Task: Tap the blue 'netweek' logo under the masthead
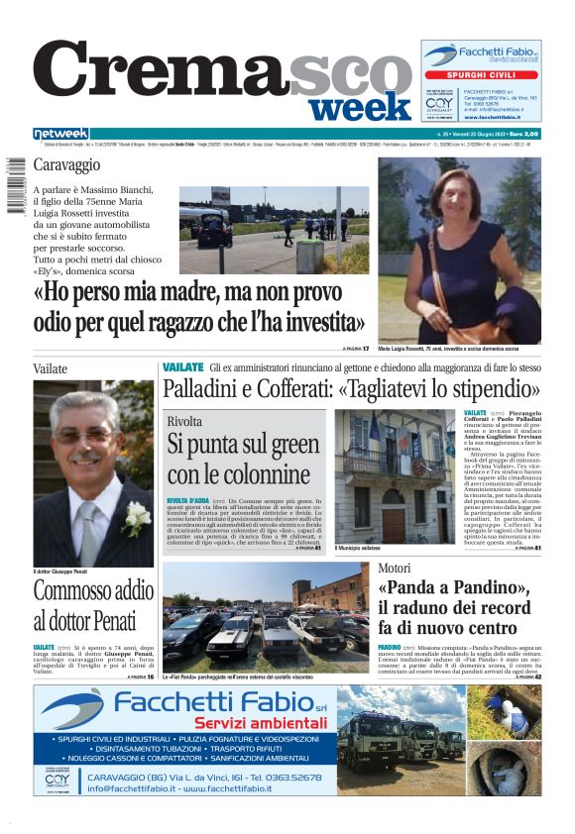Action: click(x=60, y=134)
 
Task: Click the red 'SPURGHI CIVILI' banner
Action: click(x=481, y=74)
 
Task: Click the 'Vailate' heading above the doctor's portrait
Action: click(x=51, y=368)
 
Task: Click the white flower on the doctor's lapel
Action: click(x=134, y=515)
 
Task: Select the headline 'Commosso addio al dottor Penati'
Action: click(x=93, y=606)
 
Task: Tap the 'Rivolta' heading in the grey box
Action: click(x=184, y=421)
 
